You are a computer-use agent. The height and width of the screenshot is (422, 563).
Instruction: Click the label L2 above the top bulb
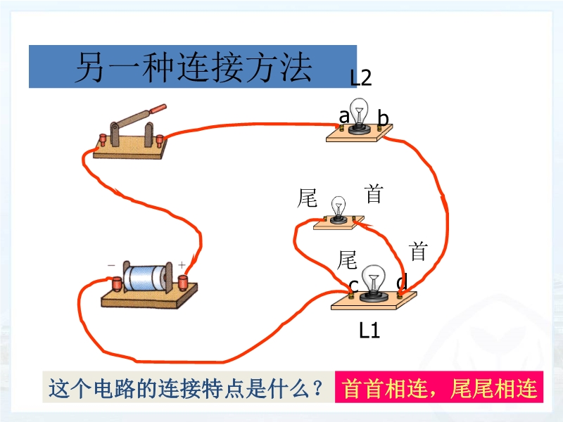361,77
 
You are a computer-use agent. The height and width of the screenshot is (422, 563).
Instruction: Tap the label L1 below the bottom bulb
369,330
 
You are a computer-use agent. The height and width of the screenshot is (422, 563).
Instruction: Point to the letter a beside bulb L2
344,117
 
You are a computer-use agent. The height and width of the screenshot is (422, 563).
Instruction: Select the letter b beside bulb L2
383,118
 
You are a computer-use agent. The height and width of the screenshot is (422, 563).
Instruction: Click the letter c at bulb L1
354,286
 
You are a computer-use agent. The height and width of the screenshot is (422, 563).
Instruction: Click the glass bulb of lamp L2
360,111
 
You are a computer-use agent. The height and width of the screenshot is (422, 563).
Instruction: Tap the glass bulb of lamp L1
374,279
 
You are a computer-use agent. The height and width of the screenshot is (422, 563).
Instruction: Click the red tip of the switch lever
158,108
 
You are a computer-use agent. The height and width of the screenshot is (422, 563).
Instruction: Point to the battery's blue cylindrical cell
144,278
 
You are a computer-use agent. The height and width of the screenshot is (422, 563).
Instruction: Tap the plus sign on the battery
182,265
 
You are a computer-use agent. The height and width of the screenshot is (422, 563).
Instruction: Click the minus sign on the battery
111,265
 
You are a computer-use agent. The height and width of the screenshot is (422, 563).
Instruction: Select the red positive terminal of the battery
183,282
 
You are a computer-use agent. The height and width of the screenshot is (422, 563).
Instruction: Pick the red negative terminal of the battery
118,283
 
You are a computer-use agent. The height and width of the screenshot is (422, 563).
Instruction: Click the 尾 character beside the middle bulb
308,198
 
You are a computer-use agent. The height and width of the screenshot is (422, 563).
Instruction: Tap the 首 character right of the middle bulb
374,193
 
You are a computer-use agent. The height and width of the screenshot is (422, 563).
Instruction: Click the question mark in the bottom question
317,387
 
